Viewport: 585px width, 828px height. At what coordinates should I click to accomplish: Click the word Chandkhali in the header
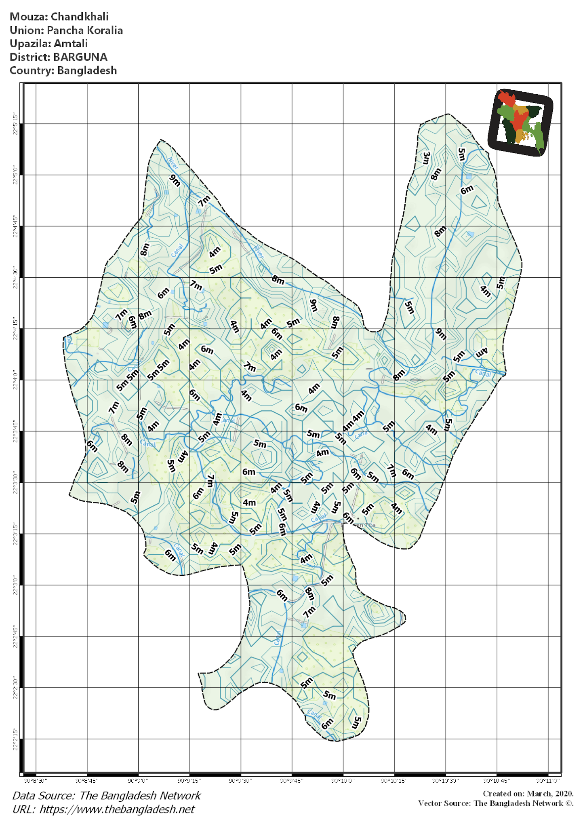[x=80, y=17]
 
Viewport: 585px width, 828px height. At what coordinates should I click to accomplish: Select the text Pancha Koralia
[x=84, y=30]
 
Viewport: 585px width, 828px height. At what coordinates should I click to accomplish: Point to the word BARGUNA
[x=80, y=57]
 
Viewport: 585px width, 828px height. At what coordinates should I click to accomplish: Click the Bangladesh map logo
[x=520, y=122]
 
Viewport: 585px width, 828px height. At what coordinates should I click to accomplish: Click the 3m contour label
[x=426, y=158]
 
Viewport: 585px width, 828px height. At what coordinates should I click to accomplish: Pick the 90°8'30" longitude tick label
[x=36, y=780]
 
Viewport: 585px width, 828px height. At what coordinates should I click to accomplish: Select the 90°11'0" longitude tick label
[x=548, y=780]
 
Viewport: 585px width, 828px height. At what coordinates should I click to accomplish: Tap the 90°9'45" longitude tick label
[x=292, y=780]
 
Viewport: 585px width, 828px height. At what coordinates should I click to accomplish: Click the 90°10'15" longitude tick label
[x=394, y=780]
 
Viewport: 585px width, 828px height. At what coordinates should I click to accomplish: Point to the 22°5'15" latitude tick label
[x=15, y=124]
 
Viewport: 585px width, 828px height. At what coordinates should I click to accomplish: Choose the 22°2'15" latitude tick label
[x=15, y=739]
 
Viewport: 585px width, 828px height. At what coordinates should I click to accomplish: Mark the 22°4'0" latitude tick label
[x=15, y=380]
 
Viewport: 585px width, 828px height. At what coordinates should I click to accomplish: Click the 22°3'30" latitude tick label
[x=15, y=482]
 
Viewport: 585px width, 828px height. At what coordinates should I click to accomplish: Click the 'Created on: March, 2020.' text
[x=528, y=793]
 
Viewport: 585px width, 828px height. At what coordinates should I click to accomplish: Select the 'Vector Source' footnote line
[x=495, y=803]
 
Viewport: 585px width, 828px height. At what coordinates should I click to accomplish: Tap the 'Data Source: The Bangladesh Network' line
[x=107, y=795]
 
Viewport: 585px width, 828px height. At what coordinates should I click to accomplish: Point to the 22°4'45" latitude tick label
[x=15, y=226]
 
